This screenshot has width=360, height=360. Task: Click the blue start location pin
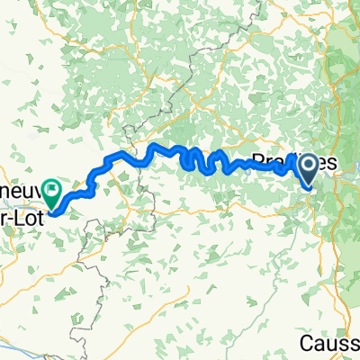click(x=309, y=168)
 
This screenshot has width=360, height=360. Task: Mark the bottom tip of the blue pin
click(x=309, y=186)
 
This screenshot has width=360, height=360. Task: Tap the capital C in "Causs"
click(x=306, y=345)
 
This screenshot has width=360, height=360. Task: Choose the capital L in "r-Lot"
click(x=20, y=211)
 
